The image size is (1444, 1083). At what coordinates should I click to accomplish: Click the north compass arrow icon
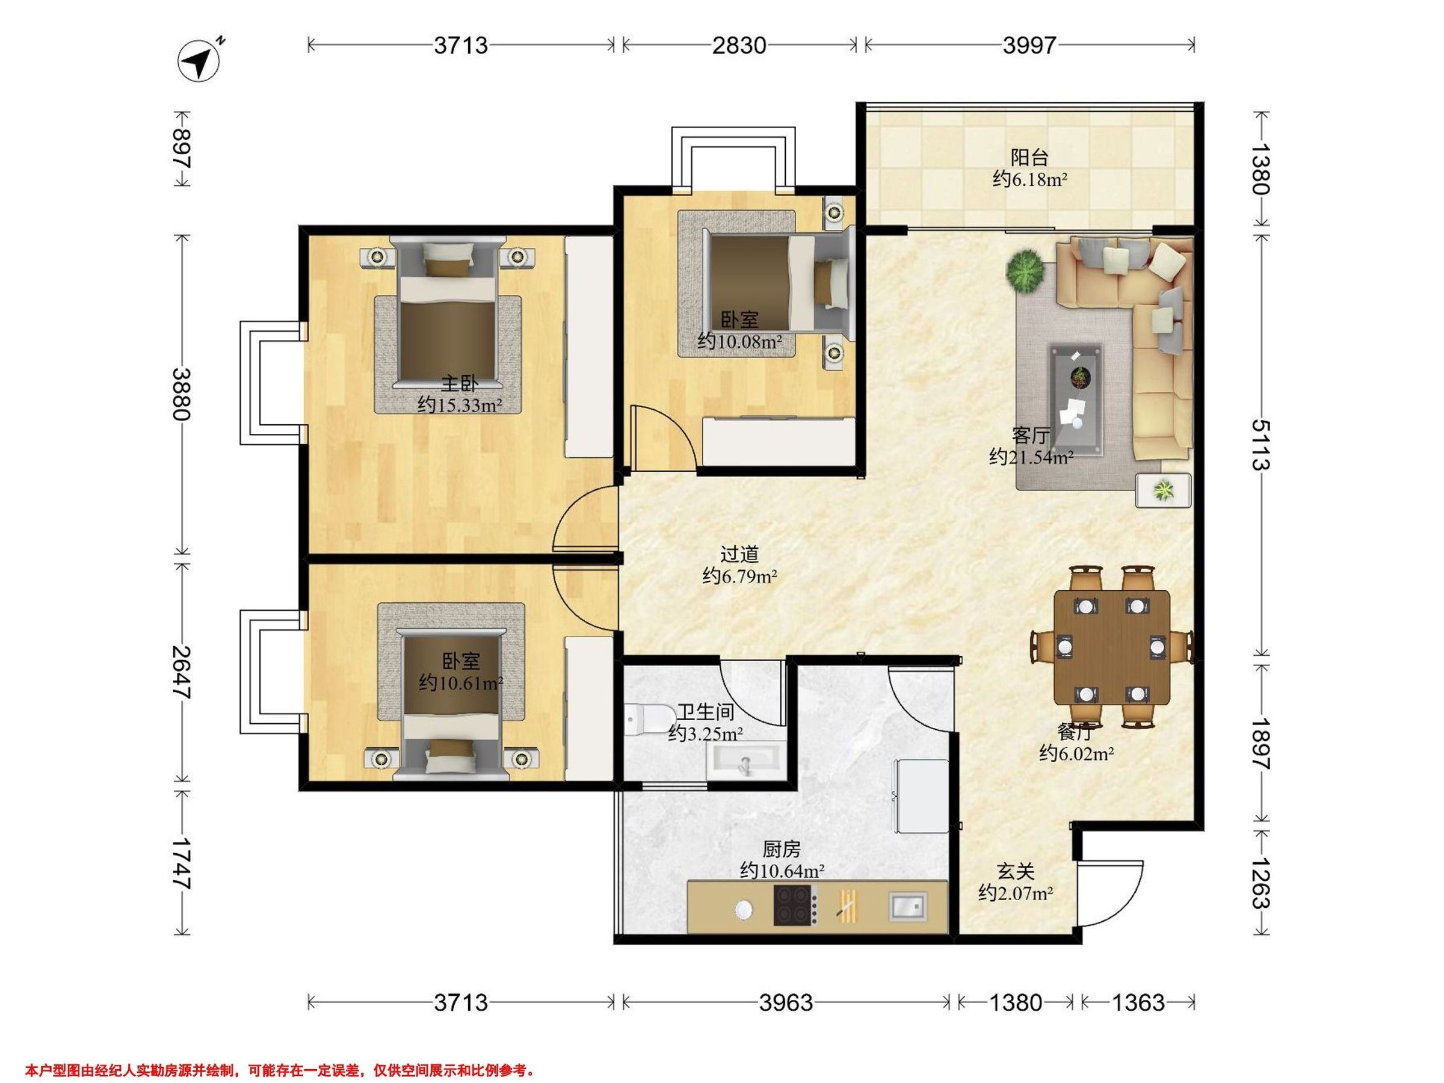click(200, 61)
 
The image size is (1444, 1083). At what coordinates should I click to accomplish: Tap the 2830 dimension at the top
click(739, 45)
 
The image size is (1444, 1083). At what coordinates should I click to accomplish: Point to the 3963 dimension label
click(786, 1002)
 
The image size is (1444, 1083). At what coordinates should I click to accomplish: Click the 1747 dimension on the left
click(182, 863)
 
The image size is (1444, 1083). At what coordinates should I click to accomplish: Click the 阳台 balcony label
click(1029, 157)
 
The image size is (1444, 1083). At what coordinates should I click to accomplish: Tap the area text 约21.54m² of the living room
click(1031, 457)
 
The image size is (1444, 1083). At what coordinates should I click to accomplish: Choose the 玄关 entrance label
click(1016, 871)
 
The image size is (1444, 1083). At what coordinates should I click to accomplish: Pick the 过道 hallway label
click(739, 554)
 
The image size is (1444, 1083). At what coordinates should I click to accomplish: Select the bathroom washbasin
click(744, 761)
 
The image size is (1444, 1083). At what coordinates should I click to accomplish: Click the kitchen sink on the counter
click(907, 907)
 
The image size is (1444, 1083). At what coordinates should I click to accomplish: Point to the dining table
click(1112, 647)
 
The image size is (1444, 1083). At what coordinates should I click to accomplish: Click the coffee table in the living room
click(1076, 400)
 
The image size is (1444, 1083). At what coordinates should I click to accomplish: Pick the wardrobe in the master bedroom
click(588, 346)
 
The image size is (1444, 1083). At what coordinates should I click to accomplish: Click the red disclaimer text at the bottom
click(280, 1070)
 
